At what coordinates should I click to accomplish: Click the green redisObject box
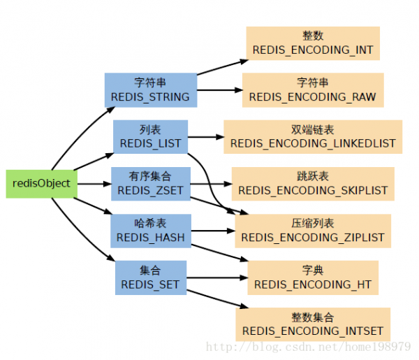tap(42, 184)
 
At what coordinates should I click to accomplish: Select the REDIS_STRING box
tap(151, 90)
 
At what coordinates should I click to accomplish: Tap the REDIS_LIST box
tap(150, 137)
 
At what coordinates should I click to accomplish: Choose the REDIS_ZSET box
tap(151, 184)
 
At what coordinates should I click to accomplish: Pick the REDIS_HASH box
tap(151, 231)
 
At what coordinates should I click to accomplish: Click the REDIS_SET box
tap(151, 278)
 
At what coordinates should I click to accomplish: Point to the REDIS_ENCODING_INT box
tap(313, 43)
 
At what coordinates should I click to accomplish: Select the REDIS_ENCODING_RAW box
tap(313, 90)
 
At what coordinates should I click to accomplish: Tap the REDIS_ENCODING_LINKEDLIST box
tap(313, 137)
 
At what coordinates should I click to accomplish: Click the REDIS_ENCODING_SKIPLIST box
tap(313, 184)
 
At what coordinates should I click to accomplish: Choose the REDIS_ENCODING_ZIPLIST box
tap(313, 231)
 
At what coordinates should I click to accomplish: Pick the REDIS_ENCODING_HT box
tap(313, 278)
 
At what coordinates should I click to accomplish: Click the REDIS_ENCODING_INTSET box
tap(313, 324)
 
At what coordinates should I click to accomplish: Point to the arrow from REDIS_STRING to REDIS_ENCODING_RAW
tap(220, 90)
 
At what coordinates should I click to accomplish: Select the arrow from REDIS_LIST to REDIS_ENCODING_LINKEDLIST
tap(206, 137)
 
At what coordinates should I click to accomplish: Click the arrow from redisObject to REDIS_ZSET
tap(94, 184)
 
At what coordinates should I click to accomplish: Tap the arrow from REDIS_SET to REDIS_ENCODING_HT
tap(217, 278)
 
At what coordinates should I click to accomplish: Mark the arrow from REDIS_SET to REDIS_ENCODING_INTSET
tap(217, 299)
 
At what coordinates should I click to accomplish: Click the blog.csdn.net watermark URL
tap(309, 347)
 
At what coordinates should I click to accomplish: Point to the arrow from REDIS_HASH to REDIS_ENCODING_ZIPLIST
tap(213, 231)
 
